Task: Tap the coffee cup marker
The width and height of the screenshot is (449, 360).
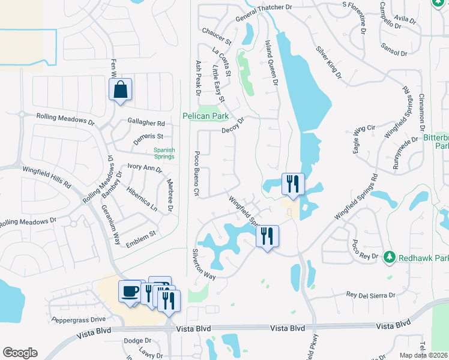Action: click(x=130, y=292)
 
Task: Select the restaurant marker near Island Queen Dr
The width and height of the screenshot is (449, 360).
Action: click(x=293, y=184)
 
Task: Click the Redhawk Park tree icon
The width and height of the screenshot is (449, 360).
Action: click(x=388, y=257)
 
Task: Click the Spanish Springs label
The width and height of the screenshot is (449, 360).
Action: click(x=164, y=154)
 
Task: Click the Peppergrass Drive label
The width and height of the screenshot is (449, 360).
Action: click(x=79, y=319)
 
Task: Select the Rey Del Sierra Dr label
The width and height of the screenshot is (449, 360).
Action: click(x=371, y=295)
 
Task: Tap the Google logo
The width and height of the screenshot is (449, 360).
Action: click(x=20, y=353)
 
